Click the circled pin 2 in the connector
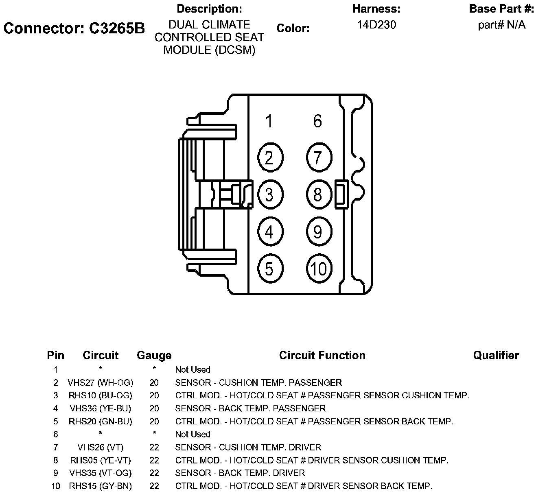click(269, 157)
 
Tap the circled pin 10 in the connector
click(319, 269)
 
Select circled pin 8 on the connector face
click(318, 194)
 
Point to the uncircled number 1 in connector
click(269, 121)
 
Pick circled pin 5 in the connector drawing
click(269, 269)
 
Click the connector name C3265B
click(74, 28)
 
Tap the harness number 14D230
click(376, 25)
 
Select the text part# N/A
click(501, 25)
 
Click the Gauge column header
click(154, 356)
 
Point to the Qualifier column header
click(496, 356)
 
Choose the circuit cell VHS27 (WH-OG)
click(101, 383)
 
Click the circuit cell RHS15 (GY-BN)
click(101, 486)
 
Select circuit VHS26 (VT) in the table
click(101, 448)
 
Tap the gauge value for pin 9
click(154, 473)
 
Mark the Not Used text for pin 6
click(193, 435)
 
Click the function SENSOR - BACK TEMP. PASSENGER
click(250, 408)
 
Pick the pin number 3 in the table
click(56, 395)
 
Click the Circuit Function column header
click(322, 356)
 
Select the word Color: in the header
click(293, 28)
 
